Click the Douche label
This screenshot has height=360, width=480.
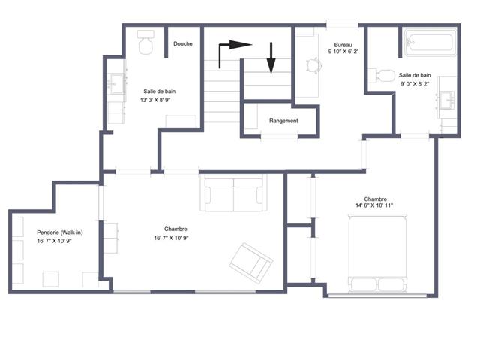pyautogui.click(x=183, y=43)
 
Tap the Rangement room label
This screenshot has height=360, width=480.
pyautogui.click(x=283, y=121)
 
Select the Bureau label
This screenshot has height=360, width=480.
pyautogui.click(x=343, y=45)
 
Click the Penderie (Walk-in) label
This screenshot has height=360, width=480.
pyautogui.click(x=60, y=232)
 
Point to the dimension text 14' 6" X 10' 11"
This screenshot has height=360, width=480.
pyautogui.click(x=374, y=205)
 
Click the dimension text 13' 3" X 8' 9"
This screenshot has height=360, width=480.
pyautogui.click(x=155, y=100)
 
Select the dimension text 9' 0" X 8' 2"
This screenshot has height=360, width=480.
pyautogui.click(x=415, y=83)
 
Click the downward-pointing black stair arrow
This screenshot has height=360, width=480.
pyautogui.click(x=271, y=58)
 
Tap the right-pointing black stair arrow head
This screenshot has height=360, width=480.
pyautogui.click(x=241, y=45)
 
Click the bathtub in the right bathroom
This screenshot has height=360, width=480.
pyautogui.click(x=430, y=43)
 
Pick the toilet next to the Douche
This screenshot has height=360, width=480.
pyautogui.click(x=145, y=42)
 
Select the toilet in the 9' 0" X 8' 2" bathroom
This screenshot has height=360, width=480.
pyautogui.click(x=382, y=76)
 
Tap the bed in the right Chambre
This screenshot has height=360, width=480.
pyautogui.click(x=378, y=253)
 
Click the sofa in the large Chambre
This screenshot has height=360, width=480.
pyautogui.click(x=233, y=193)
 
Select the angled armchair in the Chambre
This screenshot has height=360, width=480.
pyautogui.click(x=251, y=263)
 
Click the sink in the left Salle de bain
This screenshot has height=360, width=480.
pyautogui.click(x=117, y=83)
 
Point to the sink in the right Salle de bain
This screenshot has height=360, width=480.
pyautogui.click(x=447, y=100)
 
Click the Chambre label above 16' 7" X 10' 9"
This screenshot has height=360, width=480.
pyautogui.click(x=175, y=229)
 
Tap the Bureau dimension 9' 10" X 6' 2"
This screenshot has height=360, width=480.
pyautogui.click(x=343, y=52)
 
